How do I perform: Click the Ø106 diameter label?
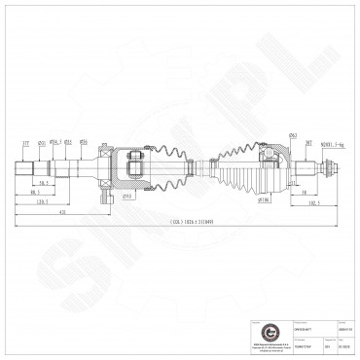coord(263,200)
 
